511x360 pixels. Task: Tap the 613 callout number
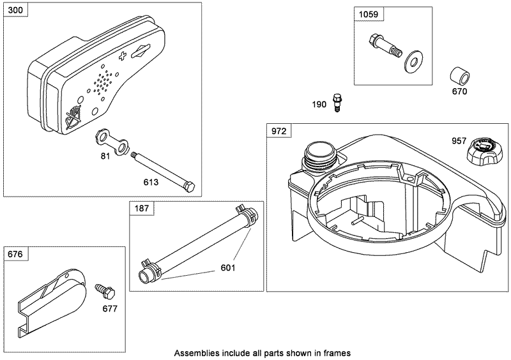[x=151, y=181]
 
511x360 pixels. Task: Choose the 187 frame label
[x=142, y=207]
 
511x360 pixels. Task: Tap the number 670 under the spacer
[x=459, y=91]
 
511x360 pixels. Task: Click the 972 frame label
[x=278, y=131]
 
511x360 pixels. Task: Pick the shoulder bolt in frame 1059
[x=381, y=47]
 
